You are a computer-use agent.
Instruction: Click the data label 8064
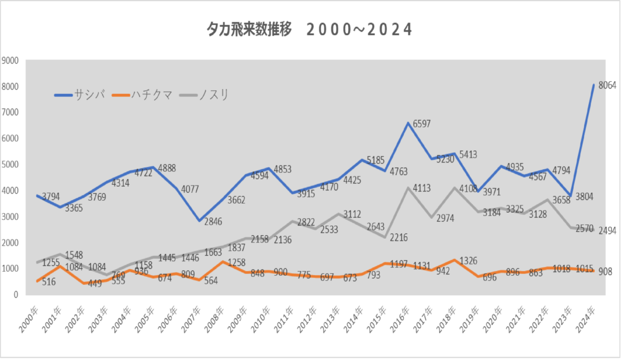(607, 85)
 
